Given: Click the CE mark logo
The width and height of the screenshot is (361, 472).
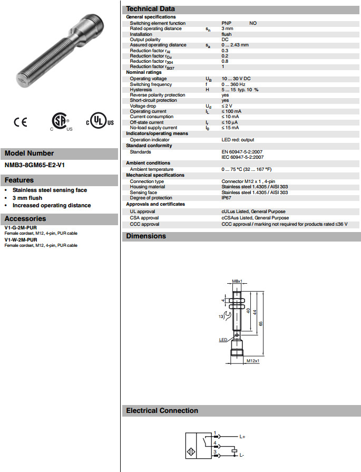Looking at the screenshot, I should [20, 122].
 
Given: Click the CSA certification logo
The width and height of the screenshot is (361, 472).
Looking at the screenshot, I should [61, 122].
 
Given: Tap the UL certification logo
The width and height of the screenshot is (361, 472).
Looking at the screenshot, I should [100, 122].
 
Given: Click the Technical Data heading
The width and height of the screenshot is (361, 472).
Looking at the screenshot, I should [150, 9].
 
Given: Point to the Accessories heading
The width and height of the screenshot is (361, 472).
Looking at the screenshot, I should [25, 219].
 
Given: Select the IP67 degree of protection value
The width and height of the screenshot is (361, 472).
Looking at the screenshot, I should [227, 198].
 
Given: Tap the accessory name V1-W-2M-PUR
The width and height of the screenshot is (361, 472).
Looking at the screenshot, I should [21, 240].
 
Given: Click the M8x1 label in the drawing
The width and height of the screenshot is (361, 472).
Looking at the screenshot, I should [237, 282].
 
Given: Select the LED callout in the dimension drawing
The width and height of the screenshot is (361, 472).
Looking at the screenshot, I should [223, 341].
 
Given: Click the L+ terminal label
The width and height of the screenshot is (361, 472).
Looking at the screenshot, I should [243, 437].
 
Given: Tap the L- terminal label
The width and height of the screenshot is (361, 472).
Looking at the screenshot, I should [242, 455].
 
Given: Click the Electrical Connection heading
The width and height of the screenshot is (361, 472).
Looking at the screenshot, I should [162, 411].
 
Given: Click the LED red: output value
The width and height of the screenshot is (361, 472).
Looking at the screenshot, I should [238, 140].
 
